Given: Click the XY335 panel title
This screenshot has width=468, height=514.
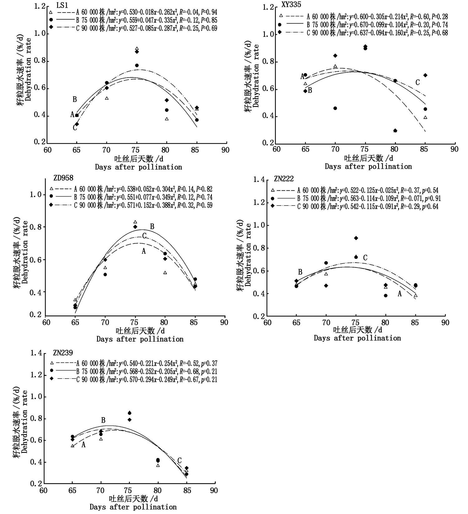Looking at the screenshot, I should (291, 5).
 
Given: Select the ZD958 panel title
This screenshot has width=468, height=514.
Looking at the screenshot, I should (63, 178).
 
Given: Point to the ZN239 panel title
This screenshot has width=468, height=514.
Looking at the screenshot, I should (63, 353).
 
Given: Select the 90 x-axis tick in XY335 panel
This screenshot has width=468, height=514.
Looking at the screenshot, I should (455, 149).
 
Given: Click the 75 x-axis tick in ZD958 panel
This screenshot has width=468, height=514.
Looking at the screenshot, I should (135, 322).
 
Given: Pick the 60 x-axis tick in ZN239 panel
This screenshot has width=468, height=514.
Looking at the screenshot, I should (43, 491).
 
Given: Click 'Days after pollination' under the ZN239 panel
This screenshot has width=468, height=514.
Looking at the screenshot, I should (133, 507).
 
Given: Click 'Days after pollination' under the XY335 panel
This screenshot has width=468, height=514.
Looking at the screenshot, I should (368, 167).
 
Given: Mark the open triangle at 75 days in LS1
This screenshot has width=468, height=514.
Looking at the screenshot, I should (137, 49).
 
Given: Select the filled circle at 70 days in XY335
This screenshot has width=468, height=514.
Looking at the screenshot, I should (335, 108).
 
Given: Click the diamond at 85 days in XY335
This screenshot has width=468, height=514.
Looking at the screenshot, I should (425, 75).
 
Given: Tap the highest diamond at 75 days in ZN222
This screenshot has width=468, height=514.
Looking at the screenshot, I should (356, 238).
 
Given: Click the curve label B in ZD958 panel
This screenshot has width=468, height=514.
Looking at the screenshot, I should (152, 227).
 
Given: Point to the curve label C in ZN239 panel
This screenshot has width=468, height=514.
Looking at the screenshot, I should (179, 461).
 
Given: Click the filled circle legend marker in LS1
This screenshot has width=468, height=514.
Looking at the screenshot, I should (51, 20).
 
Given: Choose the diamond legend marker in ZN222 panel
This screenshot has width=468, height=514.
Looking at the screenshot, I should (273, 206).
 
